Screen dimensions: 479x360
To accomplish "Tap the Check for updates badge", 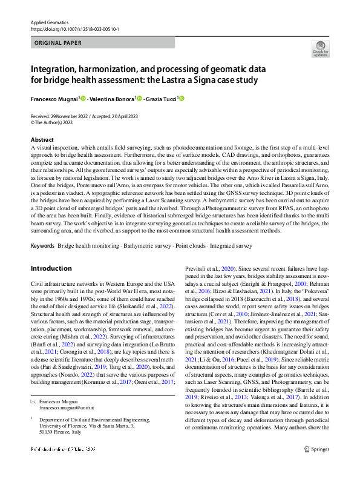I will click(x=320, y=49).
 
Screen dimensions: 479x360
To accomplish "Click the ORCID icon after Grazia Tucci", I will click(x=180, y=99).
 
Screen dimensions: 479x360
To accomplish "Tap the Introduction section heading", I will click(x=51, y=268).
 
